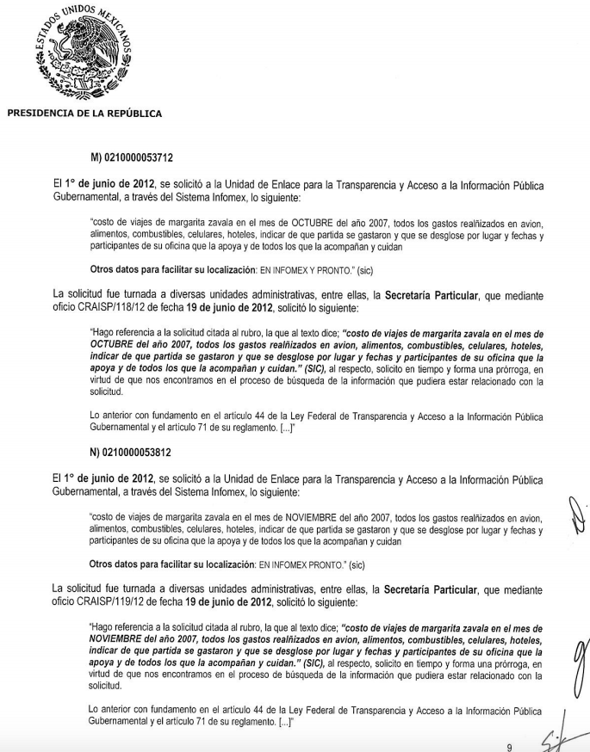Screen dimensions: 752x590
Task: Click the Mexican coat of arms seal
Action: point(83,50)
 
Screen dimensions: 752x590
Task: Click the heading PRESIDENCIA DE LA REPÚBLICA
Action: point(84,113)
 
